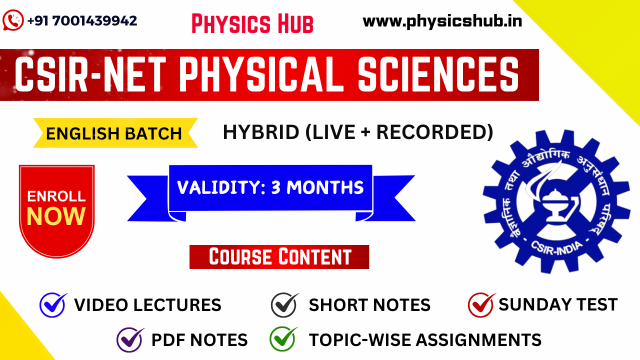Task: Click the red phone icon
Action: click(x=13, y=20)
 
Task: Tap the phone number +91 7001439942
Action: click(x=82, y=20)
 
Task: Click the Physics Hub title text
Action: click(x=252, y=23)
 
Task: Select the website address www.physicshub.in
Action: click(x=442, y=21)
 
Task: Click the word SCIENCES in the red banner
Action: click(x=438, y=74)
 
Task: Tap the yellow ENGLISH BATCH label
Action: click(x=114, y=133)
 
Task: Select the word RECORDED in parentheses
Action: click(x=431, y=132)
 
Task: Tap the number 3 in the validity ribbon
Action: click(x=276, y=187)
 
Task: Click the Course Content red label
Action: click(x=279, y=257)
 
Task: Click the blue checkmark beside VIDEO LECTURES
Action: click(x=53, y=304)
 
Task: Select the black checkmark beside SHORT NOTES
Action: click(x=284, y=304)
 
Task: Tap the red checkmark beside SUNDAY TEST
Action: click(x=481, y=304)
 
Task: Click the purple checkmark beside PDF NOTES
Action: click(x=130, y=340)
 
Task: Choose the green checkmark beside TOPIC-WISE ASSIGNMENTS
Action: click(x=283, y=339)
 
